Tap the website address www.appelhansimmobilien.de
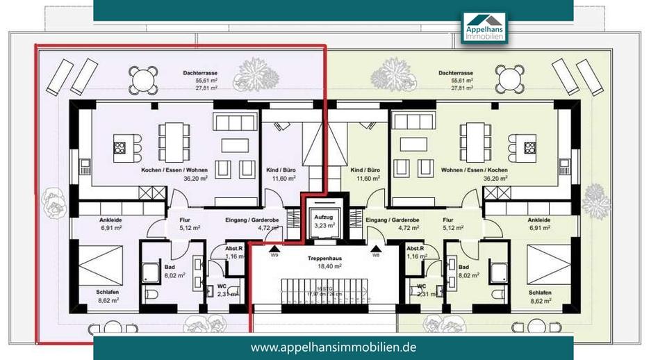[333, 346]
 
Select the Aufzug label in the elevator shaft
[321, 217]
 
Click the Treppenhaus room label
[322, 256]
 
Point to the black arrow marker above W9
[274, 247]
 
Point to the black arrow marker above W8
[376, 247]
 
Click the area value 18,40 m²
[322, 265]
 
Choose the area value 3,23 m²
[321, 225]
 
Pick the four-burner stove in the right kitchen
[530, 147]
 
